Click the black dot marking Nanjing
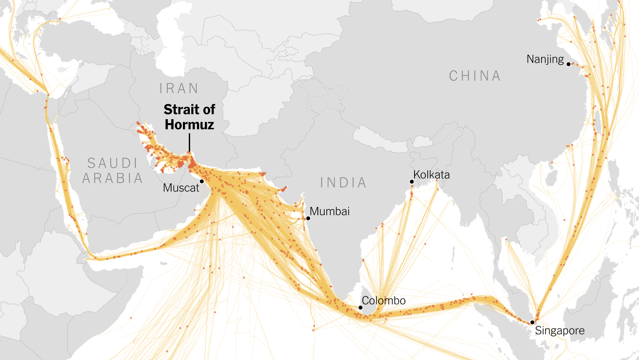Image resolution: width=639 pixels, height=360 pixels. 568,64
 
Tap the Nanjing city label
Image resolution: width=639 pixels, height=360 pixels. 545,59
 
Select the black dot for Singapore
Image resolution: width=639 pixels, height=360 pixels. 532,322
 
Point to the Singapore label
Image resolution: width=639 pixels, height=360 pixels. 560,331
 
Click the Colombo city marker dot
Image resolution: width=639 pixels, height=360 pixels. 360,308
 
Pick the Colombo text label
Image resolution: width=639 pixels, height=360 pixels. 383,300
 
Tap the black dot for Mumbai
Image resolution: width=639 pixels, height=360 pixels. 308,218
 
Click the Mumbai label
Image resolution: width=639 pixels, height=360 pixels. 329,211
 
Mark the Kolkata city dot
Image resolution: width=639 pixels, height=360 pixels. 412,182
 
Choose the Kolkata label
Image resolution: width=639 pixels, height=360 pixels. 431,175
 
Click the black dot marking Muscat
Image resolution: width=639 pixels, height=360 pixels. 202,181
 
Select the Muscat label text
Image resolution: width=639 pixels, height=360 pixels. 181,188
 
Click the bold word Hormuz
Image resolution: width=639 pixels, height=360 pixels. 189,125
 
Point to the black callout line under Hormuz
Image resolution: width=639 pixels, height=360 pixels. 189,143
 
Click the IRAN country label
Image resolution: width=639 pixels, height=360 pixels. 179,88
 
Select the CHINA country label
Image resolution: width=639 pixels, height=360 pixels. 474,76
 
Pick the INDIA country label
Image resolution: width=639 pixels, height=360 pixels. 343,183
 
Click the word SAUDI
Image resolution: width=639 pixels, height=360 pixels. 113,163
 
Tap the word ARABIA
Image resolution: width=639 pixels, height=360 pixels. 113,178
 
